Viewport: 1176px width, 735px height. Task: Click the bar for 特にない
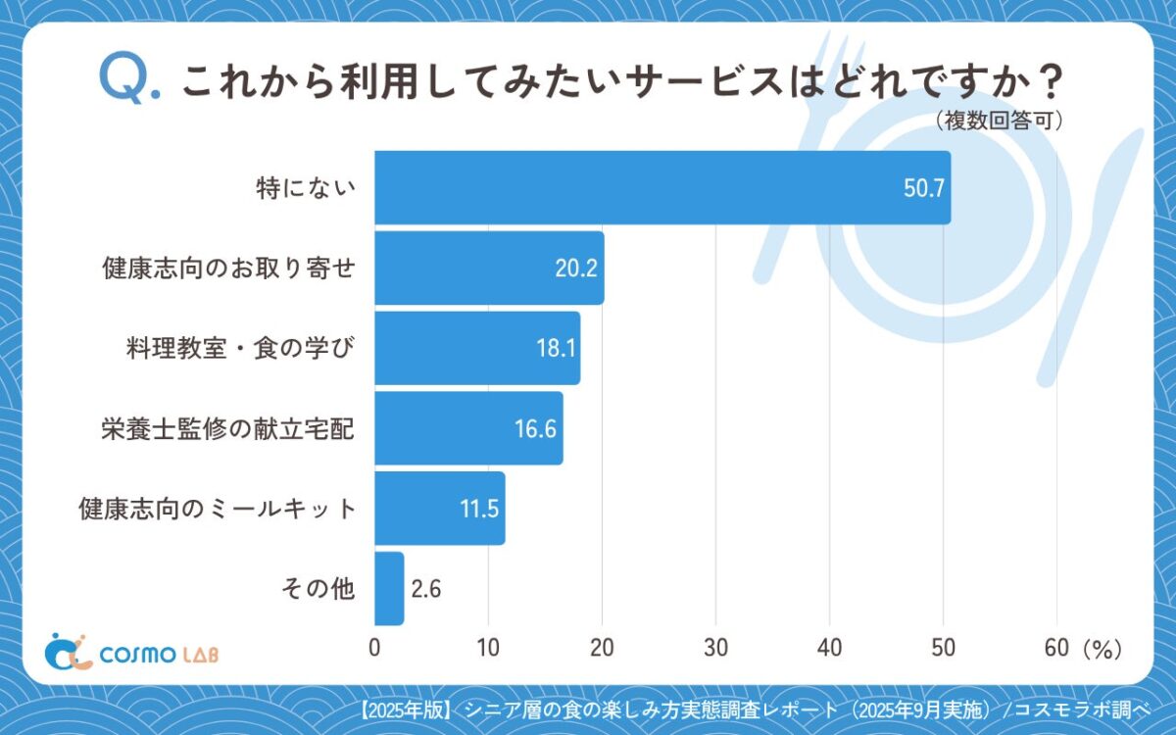coord(661,187)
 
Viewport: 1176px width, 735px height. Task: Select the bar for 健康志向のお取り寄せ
coord(488,268)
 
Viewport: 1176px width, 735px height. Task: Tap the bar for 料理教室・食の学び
coord(476,348)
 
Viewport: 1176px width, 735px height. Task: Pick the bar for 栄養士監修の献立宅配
coord(467,428)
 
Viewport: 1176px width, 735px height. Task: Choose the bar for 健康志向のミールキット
coord(439,509)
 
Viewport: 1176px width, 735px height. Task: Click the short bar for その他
coord(389,588)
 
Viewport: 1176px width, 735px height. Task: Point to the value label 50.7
coord(923,188)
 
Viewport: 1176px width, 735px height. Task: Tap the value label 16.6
coord(536,429)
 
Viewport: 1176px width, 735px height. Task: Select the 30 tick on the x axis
coord(715,648)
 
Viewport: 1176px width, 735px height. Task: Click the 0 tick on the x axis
coord(374,648)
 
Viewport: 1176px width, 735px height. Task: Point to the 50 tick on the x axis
coord(943,648)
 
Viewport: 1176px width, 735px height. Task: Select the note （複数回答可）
coord(999,121)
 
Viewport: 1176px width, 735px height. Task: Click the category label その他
coord(317,589)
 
